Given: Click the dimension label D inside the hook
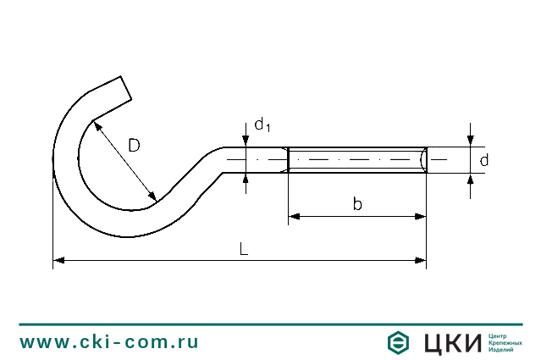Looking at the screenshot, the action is pos(135,146).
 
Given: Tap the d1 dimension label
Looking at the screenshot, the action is pos(262,125).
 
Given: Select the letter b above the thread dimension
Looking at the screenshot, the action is pos(357,203).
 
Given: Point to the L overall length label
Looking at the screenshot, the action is pos(244,249).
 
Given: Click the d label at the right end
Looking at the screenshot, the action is pos(484,160).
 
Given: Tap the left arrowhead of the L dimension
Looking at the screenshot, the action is pos(58,260).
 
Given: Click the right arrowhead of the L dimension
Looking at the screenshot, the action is pos(421,260).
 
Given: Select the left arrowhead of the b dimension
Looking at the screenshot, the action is pos(294,217).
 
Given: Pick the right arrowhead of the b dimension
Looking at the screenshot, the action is pos(421,217).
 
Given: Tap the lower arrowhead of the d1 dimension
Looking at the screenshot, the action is pos(246,179).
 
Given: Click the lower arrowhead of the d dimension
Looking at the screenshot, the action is pos(470,179).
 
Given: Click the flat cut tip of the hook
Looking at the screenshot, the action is pos(126,88).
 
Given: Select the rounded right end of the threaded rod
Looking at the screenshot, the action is pos(423,160).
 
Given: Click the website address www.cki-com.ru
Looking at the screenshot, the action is pos(109,341).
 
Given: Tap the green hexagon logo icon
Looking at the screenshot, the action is pos(398,342).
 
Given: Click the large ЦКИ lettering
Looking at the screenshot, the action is pos(453,343).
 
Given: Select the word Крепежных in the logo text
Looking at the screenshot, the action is pos(505,343).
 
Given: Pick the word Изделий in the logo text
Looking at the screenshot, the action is pos(500,350).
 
